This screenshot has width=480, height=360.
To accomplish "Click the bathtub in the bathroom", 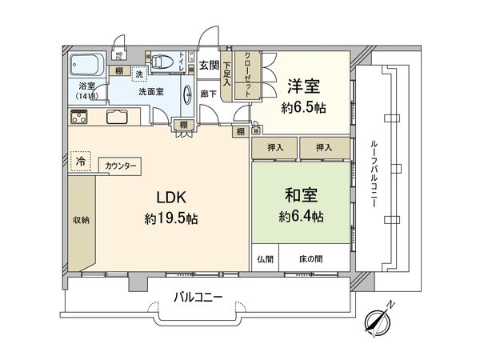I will click(x=85, y=63).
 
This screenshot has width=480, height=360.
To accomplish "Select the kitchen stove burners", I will click(x=81, y=116).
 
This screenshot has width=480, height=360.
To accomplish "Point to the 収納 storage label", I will click(x=80, y=220).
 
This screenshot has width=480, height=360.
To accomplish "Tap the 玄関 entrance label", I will click(x=209, y=65).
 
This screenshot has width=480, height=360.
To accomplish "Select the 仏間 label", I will click(x=265, y=259).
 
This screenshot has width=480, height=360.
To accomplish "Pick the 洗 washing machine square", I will click(x=140, y=74).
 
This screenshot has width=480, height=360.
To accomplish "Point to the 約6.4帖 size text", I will click(x=302, y=216).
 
